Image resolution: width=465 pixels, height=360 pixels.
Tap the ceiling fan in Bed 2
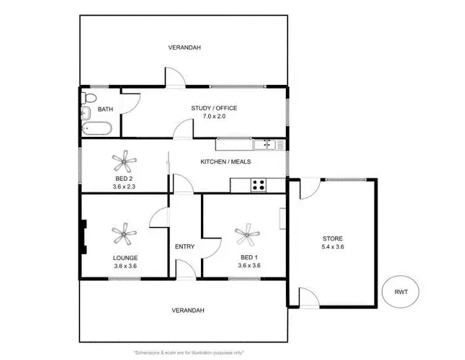coord(125,162)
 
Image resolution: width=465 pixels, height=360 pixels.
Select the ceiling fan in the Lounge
coord(124,235)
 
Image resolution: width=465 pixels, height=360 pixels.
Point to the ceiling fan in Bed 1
coord(247,235)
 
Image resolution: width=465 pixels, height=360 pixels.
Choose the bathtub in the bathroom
coord(97,129)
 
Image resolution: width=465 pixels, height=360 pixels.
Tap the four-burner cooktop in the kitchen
coord(258,185)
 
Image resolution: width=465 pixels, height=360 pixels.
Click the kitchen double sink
coord(268,145)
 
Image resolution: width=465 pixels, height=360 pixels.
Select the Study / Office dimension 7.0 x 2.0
coord(213,116)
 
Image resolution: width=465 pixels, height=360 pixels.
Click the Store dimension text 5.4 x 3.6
coord(332,247)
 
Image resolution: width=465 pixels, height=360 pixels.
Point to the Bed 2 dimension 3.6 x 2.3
coord(125,186)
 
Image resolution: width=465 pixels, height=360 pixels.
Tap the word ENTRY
coord(185,247)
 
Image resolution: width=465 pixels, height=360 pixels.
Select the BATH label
coord(105,110)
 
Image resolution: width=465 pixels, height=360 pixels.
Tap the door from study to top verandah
coord(173,77)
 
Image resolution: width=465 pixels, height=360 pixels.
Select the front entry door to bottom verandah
coord(185,270)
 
